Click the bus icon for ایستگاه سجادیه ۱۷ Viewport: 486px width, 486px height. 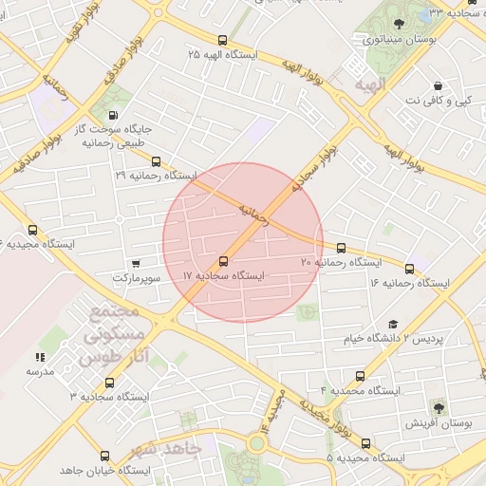coord(224,260)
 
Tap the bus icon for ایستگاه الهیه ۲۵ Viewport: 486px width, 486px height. coord(222,40)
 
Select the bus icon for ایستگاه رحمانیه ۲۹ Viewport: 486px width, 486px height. coord(157,161)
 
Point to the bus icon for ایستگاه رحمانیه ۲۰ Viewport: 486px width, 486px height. coord(342,247)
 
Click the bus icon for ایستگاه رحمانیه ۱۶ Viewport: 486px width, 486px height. coord(410,269)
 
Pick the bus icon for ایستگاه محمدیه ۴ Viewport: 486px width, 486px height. coord(360,376)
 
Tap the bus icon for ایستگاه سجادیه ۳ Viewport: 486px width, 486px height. coord(109,383)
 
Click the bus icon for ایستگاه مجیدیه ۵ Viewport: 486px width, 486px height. coord(366,443)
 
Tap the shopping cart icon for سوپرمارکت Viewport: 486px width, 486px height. coord(138,264)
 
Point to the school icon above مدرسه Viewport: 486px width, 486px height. coord(40,357)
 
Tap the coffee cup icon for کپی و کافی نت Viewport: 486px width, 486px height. coord(437,84)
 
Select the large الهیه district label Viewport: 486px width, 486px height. coord(369,84)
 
